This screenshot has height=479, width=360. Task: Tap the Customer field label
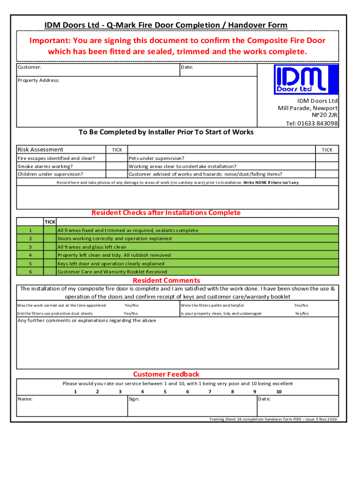point(29,67)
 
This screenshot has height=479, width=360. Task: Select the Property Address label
point(38,80)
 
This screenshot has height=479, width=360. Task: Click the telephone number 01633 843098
point(312,123)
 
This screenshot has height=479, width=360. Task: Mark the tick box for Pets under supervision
point(327,158)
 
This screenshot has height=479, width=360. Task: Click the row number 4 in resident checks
point(30,255)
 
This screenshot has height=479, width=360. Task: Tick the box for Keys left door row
point(50,263)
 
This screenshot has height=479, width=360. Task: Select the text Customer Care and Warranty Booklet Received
point(112,272)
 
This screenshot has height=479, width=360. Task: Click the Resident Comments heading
point(166,281)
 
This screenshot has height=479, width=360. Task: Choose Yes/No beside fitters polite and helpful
point(301,305)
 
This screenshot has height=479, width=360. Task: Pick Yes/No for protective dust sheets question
point(131,313)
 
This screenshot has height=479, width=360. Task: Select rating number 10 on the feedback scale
point(279,392)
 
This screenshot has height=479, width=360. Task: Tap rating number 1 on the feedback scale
point(75,392)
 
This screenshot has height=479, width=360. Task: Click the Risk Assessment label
point(40,150)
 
